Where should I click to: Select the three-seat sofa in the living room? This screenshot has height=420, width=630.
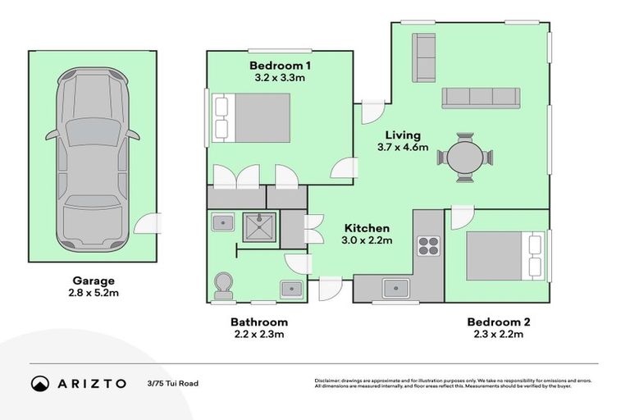[x=481, y=98]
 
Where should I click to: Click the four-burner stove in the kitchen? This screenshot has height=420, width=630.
[x=428, y=245]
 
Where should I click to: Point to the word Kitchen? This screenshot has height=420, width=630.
[x=366, y=228]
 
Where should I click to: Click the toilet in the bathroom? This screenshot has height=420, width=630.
[x=223, y=286]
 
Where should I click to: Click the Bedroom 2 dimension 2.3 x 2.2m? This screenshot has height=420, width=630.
[x=497, y=334]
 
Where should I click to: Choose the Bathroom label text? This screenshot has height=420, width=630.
[x=258, y=322]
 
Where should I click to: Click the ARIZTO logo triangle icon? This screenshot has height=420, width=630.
[x=40, y=383]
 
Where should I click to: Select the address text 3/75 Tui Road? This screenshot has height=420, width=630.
[x=173, y=383]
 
